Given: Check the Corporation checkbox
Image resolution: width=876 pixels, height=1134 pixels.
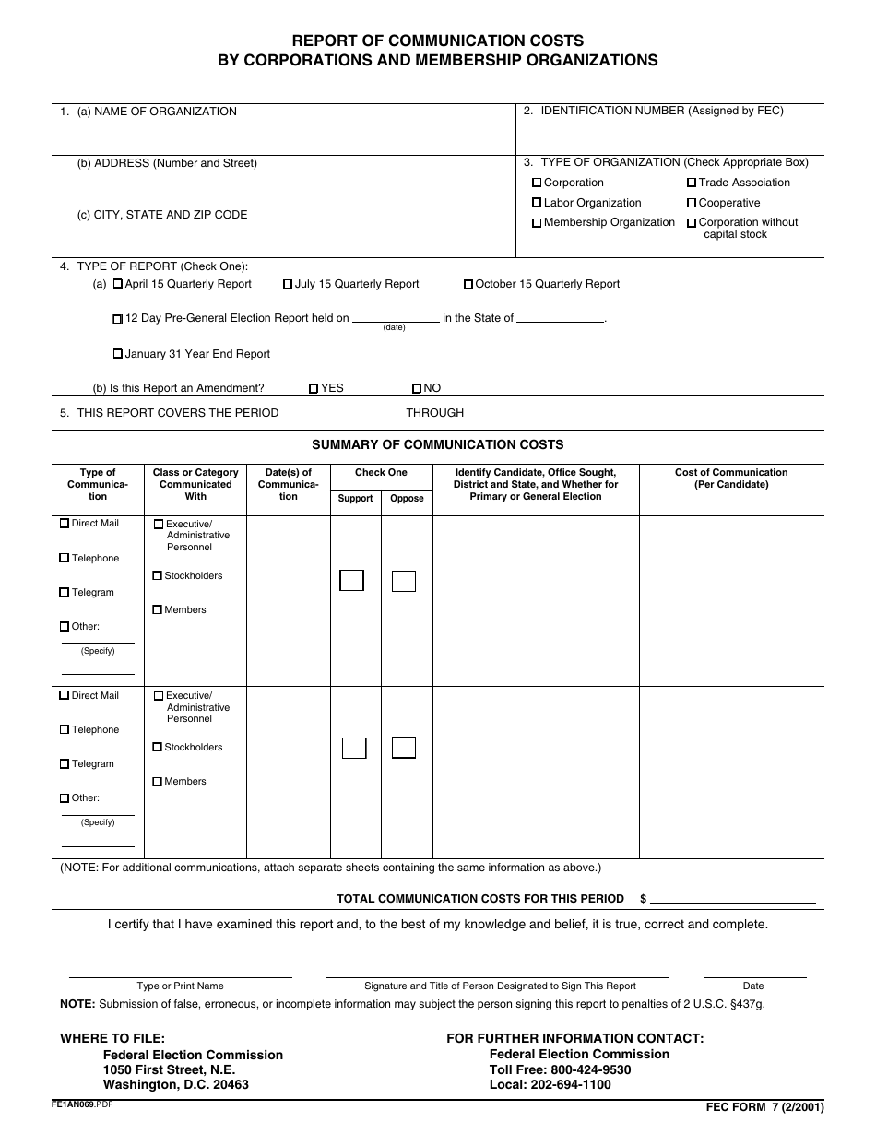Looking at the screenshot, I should (537, 183).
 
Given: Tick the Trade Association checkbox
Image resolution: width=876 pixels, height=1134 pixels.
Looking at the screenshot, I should (691, 183).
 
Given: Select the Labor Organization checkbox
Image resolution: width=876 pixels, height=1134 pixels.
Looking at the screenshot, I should (537, 203).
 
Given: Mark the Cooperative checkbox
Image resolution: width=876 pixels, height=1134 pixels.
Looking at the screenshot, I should (691, 203).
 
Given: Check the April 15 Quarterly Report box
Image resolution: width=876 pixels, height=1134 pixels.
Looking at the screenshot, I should (117, 284).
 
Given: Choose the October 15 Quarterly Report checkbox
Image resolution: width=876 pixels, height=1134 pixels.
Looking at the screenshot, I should (468, 285).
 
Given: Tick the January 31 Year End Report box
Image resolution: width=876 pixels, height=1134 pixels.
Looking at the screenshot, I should (117, 354).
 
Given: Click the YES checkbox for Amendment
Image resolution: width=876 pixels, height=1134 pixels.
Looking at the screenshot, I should (314, 389).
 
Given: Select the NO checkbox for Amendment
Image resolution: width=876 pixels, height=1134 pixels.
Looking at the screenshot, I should (417, 389).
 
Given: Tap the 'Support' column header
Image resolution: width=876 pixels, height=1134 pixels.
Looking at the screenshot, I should (355, 499).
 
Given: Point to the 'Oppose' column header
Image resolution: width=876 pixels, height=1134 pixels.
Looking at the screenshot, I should (407, 499).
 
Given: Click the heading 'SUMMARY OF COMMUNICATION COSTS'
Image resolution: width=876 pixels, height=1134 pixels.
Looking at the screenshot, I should (437, 444).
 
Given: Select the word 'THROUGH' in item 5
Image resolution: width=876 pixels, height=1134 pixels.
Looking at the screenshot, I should (434, 413).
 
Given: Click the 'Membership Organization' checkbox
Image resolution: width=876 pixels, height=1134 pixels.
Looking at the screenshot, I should (537, 223).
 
